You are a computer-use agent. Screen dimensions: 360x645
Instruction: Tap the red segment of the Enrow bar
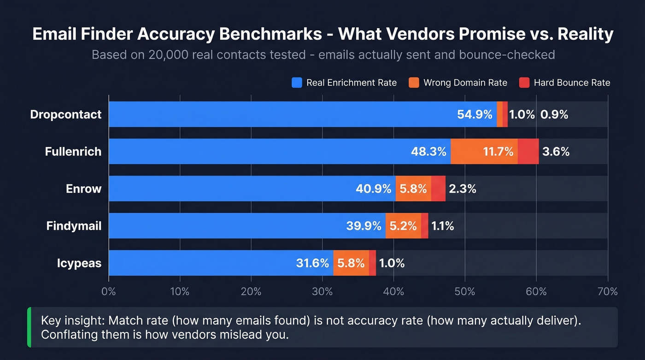438,189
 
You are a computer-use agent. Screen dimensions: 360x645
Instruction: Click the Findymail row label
74,226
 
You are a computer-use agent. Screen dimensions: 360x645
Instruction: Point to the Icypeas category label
79,263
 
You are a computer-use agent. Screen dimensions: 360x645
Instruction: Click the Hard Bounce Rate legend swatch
524,83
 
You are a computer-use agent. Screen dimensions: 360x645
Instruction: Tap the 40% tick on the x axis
393,291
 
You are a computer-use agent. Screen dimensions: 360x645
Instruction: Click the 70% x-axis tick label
607,291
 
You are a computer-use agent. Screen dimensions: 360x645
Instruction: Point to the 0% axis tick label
109,291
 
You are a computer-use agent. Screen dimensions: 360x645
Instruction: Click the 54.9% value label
475,114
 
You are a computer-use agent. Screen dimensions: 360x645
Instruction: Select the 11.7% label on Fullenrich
498,151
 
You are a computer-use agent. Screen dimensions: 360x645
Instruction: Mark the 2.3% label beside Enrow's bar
462,189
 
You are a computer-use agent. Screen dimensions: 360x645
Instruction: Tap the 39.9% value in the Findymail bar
364,226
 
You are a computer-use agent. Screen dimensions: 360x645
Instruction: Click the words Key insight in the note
70,321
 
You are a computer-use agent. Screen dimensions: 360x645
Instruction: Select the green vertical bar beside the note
29,327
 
